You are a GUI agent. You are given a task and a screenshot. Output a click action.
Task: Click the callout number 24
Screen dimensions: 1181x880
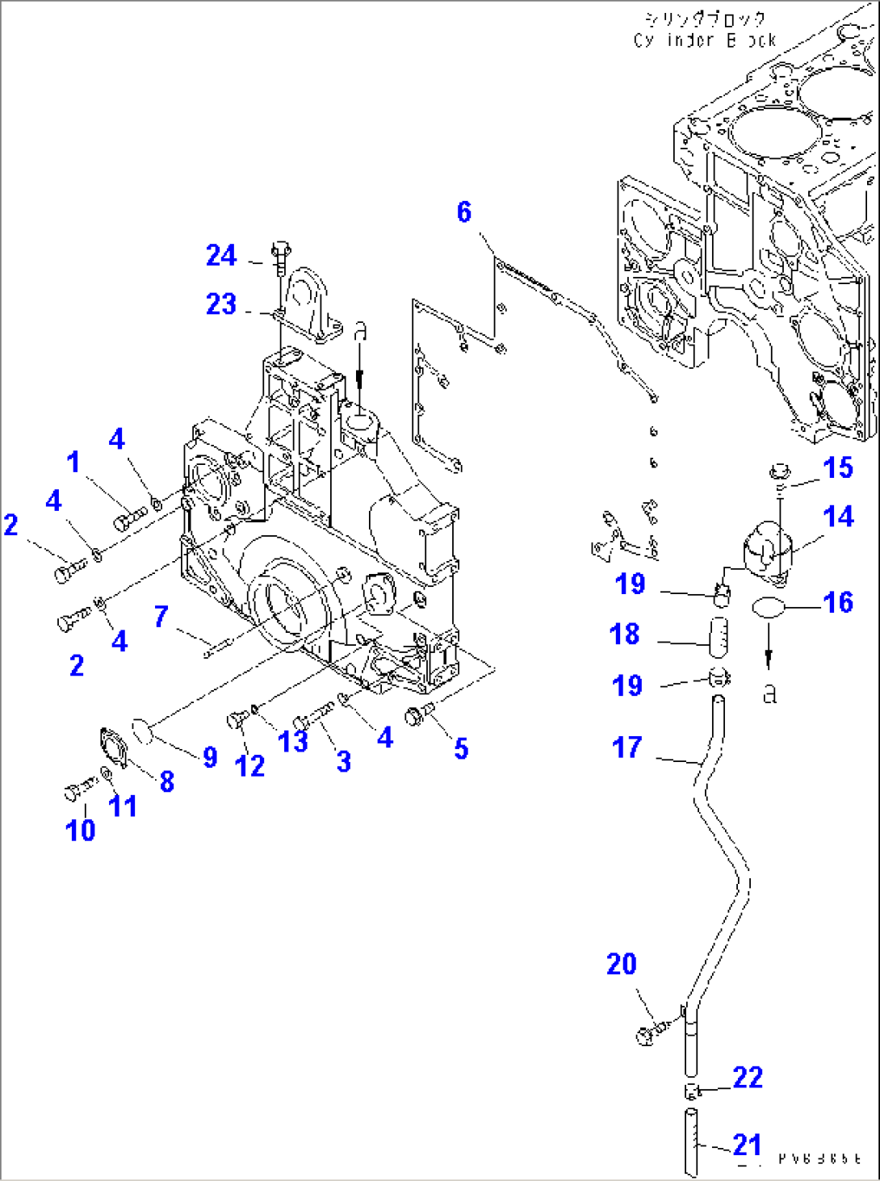tap(221, 256)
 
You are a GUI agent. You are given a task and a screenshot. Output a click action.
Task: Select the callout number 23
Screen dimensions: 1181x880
tap(221, 304)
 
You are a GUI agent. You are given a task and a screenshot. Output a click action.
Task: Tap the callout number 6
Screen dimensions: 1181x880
tap(464, 211)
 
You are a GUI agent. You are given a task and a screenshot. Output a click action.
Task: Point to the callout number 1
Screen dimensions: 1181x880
tap(73, 462)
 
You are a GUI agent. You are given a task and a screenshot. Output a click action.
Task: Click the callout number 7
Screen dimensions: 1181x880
tap(161, 617)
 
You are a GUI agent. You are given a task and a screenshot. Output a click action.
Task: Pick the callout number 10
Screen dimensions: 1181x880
tap(80, 830)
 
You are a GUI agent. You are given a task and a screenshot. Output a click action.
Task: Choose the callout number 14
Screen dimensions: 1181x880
tap(838, 517)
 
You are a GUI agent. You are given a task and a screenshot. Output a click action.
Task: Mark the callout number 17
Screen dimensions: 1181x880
tap(627, 748)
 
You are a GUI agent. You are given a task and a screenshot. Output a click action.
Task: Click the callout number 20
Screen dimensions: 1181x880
tap(622, 964)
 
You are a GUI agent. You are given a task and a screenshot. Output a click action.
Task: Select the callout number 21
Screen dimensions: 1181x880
tap(747, 1145)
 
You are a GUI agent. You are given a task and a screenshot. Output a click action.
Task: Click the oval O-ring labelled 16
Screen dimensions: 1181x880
tap(768, 609)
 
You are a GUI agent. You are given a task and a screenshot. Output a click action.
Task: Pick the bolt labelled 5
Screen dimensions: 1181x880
tap(417, 714)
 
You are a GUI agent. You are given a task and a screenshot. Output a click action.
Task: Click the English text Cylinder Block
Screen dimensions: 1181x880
tap(705, 40)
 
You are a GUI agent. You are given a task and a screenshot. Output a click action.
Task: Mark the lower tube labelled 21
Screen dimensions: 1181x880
tap(691, 1143)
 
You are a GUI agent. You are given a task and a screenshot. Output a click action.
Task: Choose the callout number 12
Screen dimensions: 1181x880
tap(249, 765)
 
